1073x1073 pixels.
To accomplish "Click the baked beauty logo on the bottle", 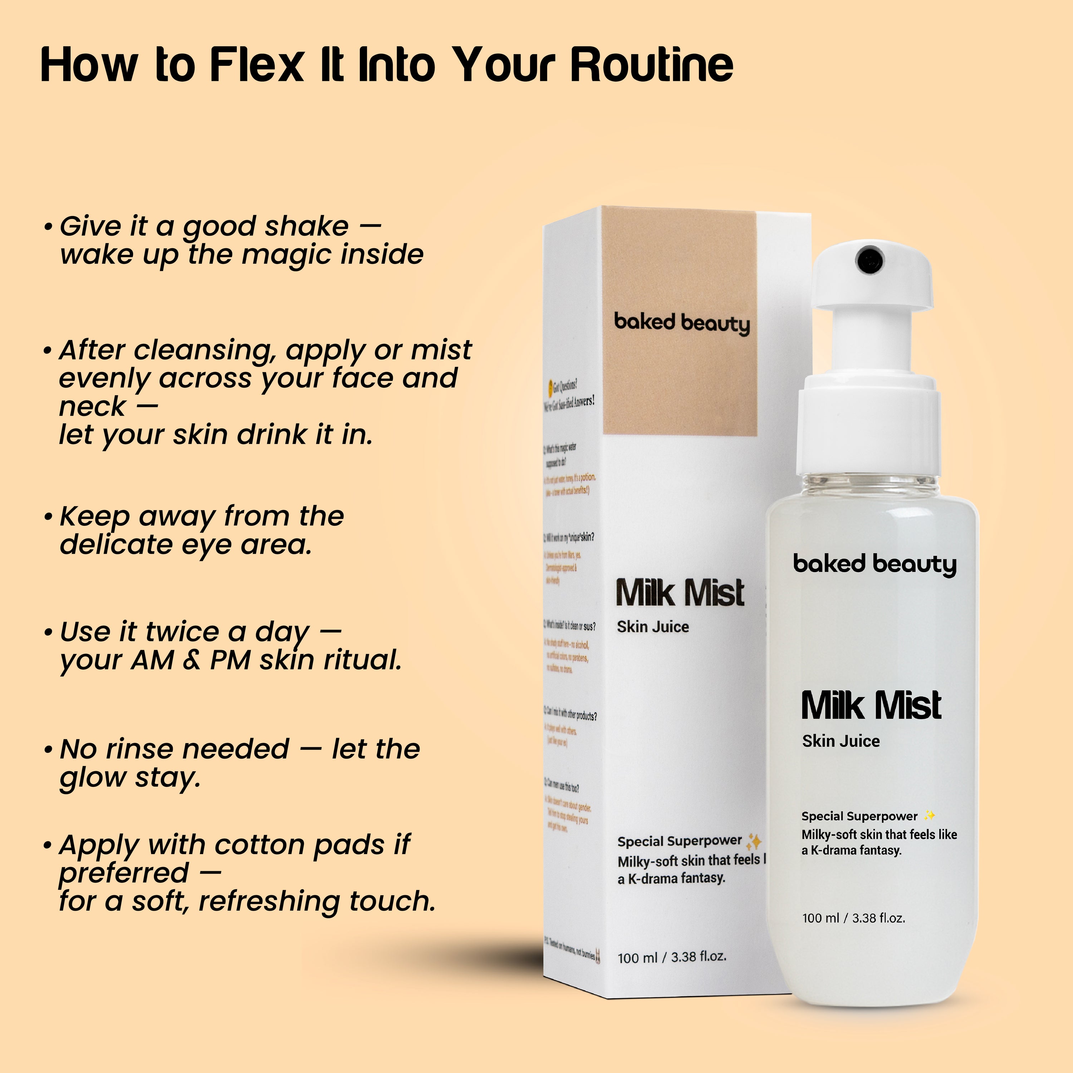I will click(x=875, y=564).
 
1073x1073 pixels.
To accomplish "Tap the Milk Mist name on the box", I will click(x=680, y=593).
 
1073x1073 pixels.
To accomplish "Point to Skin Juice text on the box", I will click(x=653, y=627).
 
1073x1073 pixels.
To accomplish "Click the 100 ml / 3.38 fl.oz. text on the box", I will click(x=671, y=957).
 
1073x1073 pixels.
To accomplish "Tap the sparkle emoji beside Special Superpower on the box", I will click(x=754, y=841).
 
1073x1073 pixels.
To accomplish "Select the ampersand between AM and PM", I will click(x=192, y=660).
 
